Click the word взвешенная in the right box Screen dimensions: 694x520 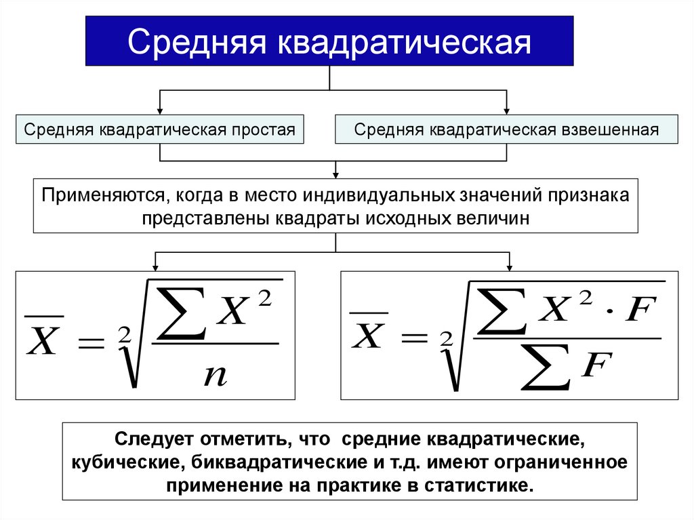click(609, 129)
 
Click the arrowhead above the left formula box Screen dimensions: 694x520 click(157, 266)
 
